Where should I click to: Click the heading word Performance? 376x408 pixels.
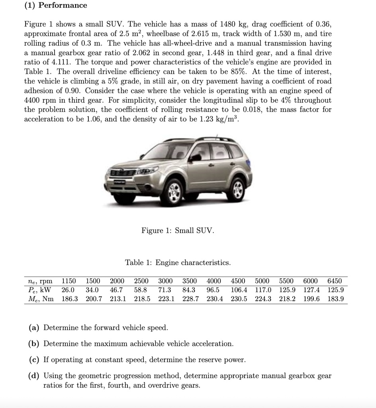pos(63,6)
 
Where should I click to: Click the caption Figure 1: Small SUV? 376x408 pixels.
pos(178,231)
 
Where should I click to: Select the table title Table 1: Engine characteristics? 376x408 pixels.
pos(178,263)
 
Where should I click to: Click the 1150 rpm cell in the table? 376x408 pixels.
pos(69,281)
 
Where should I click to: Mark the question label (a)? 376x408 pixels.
pos(34,328)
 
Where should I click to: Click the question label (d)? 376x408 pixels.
pos(34,376)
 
